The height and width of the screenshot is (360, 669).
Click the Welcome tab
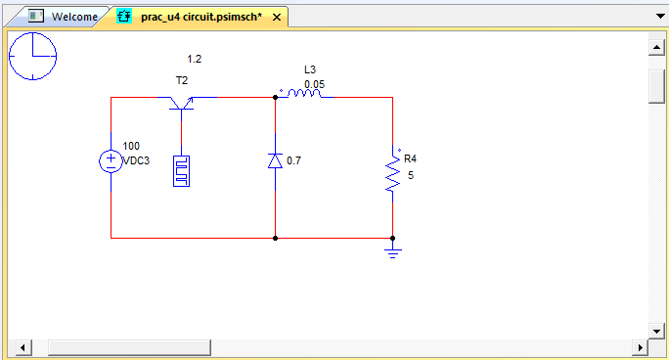pos(69,17)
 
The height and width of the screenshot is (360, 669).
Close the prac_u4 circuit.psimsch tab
pos(277,18)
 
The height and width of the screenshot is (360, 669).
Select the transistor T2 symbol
pos(181,101)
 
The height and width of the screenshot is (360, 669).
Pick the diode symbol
pos(275,160)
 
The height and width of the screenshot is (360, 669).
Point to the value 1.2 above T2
pos(195,59)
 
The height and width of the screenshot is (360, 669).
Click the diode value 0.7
pos(293,160)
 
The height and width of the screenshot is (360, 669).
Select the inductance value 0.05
pos(314,84)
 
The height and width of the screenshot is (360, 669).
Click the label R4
pos(411,158)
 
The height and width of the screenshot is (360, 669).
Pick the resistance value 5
pos(411,175)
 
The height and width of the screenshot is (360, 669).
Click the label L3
pos(310,69)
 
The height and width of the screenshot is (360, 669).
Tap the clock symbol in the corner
pos(33,55)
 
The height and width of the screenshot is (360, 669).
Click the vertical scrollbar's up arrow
pos(657,46)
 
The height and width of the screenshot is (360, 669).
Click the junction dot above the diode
pos(275,98)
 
